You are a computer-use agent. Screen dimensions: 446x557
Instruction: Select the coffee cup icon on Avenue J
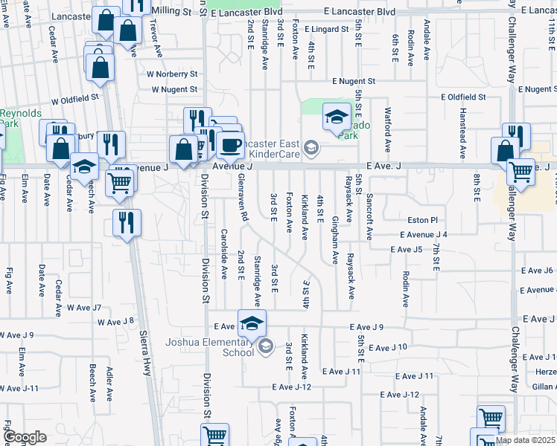tap(231, 144)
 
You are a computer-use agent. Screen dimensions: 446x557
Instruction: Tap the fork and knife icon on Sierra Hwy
tap(126, 222)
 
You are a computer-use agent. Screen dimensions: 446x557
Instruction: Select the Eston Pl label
tap(423, 220)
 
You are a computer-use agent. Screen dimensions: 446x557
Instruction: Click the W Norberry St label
tap(172, 74)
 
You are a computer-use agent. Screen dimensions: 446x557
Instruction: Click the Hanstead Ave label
tap(462, 133)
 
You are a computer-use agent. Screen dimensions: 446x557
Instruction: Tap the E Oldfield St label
tap(462, 97)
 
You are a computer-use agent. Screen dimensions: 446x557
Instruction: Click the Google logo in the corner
tap(25, 437)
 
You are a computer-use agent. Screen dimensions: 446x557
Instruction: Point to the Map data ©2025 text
tap(526, 440)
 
